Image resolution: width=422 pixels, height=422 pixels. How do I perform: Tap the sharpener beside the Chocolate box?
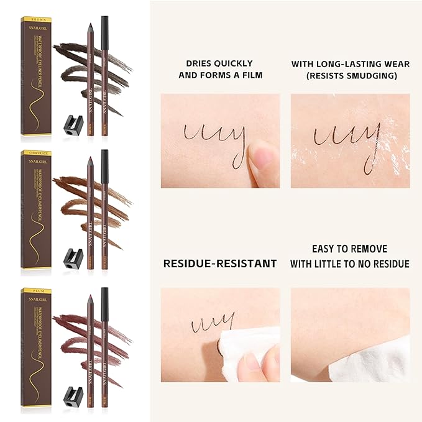[73, 255]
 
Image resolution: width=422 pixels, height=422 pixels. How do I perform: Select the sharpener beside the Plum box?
[73, 394]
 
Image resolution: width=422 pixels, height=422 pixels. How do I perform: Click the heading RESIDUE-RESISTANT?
[219, 264]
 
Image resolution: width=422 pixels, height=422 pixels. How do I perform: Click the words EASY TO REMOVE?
[350, 249]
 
